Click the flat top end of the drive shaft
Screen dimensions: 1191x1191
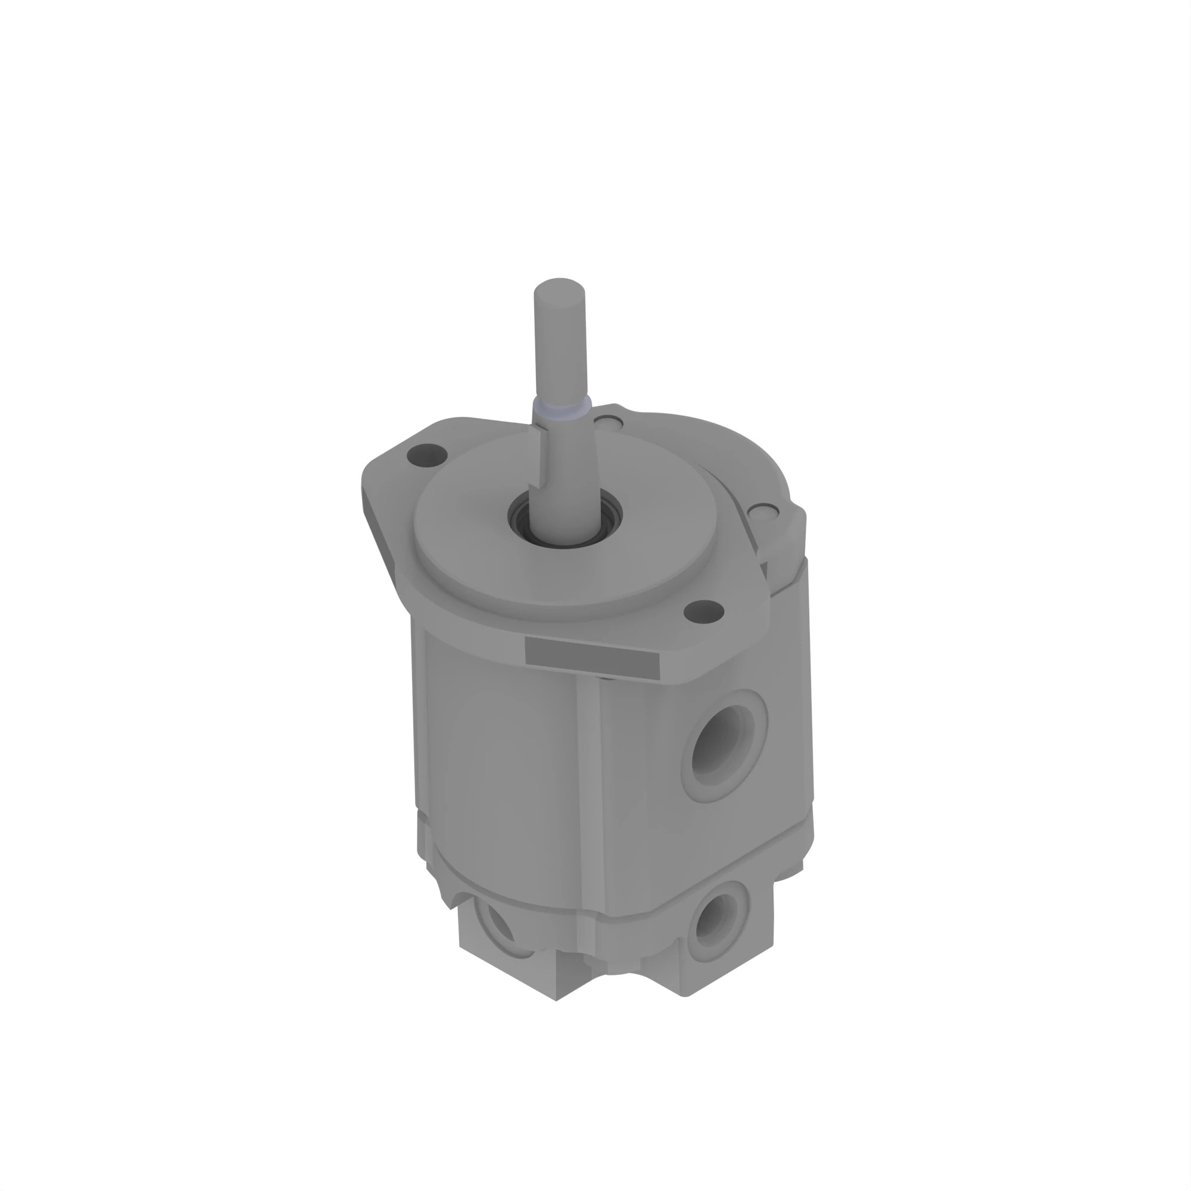(x=559, y=286)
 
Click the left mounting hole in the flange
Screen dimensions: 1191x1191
(x=427, y=456)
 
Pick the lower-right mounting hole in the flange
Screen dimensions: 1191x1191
(x=704, y=612)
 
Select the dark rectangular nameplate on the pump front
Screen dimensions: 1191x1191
(x=592, y=658)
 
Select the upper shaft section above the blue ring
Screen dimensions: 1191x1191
(x=560, y=345)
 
